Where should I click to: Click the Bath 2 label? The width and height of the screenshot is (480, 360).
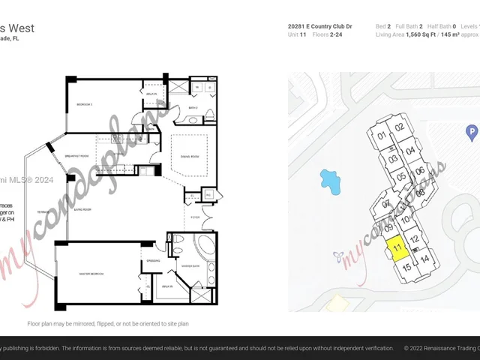pos(192,107)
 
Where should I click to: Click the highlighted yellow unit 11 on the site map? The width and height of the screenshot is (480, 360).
pos(397,247)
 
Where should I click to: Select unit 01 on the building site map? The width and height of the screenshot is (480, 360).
pos(382,136)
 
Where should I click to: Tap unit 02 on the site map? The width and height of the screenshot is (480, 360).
pos(400,127)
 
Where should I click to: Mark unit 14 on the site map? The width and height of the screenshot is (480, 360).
pos(424,259)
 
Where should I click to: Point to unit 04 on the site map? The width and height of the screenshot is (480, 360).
pos(410,150)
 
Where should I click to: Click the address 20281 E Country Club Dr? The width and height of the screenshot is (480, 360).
pos(319,26)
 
